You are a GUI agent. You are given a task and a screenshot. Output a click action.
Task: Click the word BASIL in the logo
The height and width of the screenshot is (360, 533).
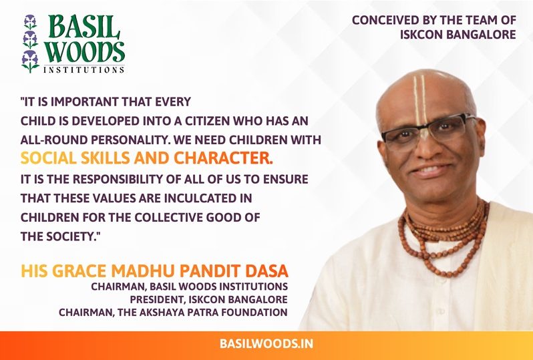(x=84, y=27)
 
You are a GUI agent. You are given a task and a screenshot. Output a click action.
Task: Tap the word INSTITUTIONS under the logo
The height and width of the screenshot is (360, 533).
(x=84, y=69)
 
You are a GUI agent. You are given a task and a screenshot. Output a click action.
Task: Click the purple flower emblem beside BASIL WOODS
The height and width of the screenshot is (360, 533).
(x=30, y=44)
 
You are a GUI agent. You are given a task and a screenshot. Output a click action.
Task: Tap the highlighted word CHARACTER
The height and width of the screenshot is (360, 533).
(x=223, y=158)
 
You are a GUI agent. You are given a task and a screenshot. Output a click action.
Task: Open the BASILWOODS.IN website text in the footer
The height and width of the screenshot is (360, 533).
(x=266, y=343)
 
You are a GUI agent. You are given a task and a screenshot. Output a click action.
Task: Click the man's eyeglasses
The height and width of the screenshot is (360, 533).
(x=428, y=132)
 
